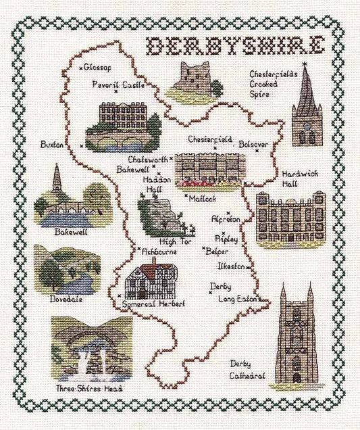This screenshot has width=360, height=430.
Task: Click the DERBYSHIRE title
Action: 234,46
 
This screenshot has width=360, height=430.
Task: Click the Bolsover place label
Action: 254,144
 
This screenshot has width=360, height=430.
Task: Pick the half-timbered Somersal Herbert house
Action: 152,278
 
